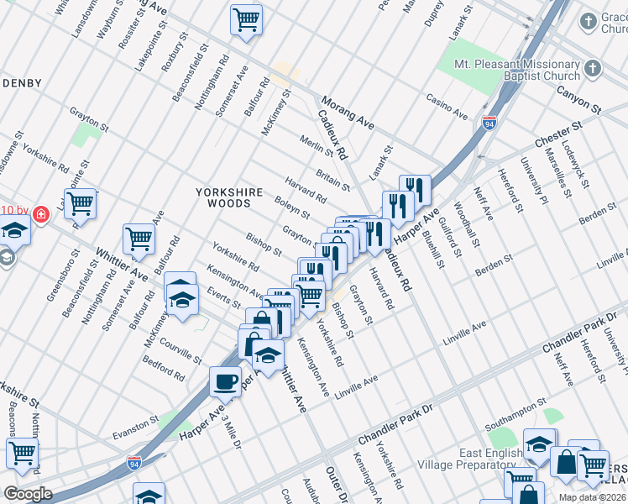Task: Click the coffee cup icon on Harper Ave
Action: tap(225, 382)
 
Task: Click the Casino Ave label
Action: tap(447, 107)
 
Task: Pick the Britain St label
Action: tap(333, 177)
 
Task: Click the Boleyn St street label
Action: tap(292, 208)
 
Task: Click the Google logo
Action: tap(28, 493)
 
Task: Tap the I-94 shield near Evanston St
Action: tap(133, 462)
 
